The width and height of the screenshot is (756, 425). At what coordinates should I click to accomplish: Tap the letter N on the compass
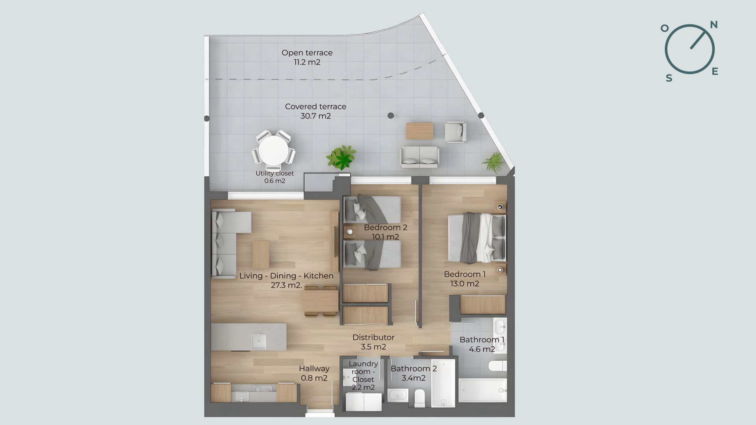[713, 25]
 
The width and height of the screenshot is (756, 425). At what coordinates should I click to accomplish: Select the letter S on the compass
[669, 78]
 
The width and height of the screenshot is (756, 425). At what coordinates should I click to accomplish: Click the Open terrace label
[307, 53]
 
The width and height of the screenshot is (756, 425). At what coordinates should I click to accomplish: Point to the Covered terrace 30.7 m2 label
[316, 111]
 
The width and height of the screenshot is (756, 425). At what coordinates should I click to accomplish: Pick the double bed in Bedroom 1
[477, 238]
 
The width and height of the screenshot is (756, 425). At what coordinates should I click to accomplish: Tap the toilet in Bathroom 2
[419, 398]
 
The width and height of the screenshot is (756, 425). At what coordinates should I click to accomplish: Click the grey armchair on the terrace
[456, 132]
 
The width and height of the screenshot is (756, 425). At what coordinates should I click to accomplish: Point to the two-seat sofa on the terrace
[419, 157]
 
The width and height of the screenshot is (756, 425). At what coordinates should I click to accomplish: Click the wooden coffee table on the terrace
[420, 131]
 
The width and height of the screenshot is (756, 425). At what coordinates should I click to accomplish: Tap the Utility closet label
[274, 173]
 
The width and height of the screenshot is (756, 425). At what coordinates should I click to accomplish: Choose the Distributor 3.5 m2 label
[373, 342]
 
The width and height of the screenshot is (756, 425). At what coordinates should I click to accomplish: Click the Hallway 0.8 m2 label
[314, 373]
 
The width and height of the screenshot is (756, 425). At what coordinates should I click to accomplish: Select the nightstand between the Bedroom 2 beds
[349, 233]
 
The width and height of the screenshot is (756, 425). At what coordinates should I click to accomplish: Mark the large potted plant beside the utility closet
[341, 157]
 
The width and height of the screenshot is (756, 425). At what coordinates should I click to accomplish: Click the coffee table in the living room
[261, 254]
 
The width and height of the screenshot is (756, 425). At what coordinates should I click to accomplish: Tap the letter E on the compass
[715, 71]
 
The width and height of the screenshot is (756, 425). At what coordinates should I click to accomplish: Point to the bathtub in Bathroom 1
[483, 390]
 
